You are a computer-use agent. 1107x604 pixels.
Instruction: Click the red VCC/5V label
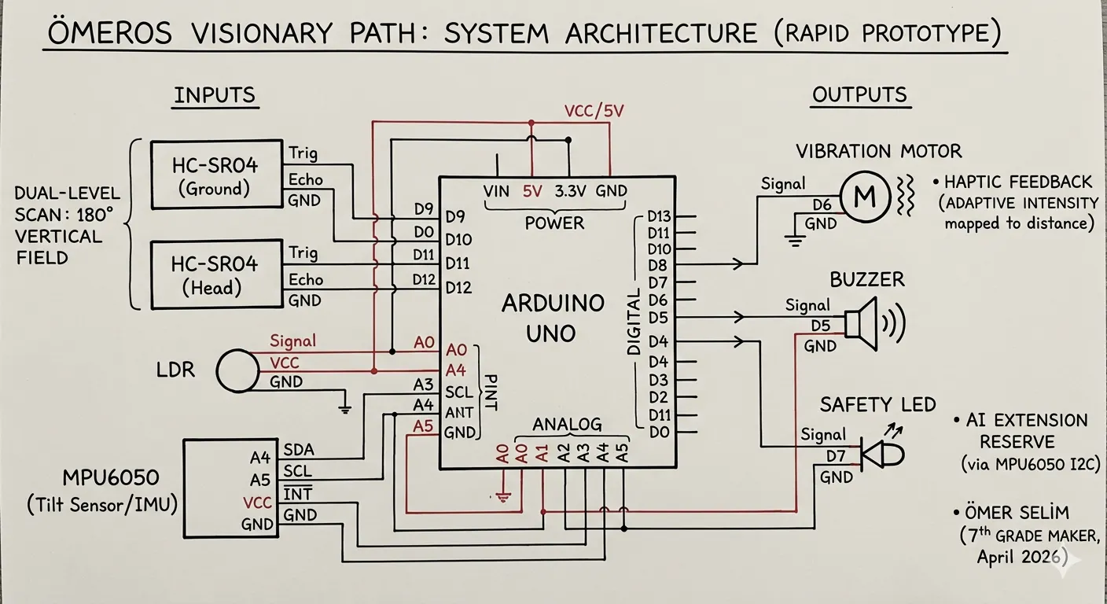tap(594, 111)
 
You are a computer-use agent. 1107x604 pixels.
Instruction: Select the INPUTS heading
tap(215, 95)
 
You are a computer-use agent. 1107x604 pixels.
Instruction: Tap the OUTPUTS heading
tap(860, 95)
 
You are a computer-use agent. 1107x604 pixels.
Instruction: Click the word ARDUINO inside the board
tap(553, 303)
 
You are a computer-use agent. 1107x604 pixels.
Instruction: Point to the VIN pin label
tap(496, 191)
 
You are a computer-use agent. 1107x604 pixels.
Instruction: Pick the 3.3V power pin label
tap(570, 191)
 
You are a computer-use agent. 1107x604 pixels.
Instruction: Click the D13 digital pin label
tap(660, 216)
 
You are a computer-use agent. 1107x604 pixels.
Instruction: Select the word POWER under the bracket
tap(554, 223)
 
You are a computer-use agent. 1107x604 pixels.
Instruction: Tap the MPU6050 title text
tap(111, 478)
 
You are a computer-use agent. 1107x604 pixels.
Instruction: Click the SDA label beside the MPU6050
tap(299, 450)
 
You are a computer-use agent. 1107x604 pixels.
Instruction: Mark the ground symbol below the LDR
tap(345, 408)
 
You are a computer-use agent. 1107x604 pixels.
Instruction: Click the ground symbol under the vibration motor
tap(795, 241)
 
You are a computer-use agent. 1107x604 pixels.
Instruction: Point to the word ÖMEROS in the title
tap(110, 32)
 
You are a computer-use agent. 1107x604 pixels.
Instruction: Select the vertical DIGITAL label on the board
tap(634, 322)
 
